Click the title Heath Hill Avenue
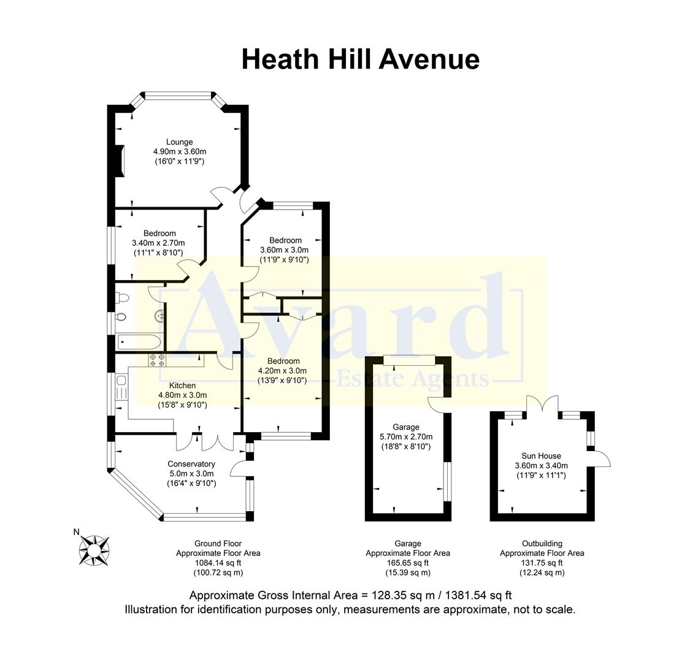coord(360,59)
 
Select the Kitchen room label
coord(182,386)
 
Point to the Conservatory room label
coord(191,464)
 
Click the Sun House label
coord(542,456)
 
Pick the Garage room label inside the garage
coord(406,427)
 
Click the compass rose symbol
coord(94,549)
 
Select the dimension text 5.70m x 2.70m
coord(406,437)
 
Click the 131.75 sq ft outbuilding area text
coord(542,563)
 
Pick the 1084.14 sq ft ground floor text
coord(218,563)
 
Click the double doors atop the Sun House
coord(542,405)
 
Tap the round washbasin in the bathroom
coord(159,316)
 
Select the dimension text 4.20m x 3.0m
coord(282,370)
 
